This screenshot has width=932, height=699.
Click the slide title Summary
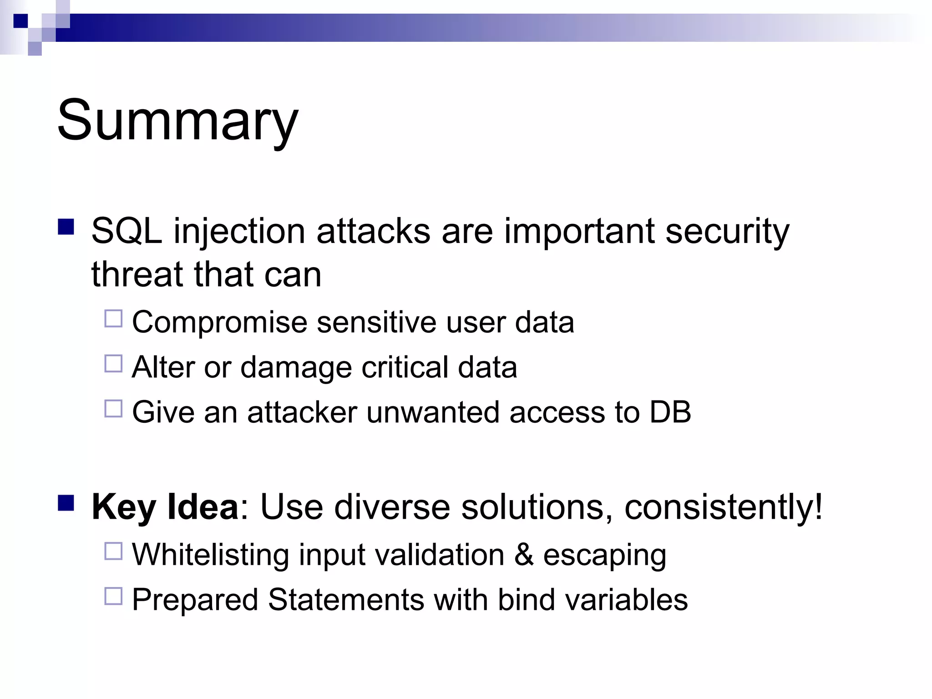[177, 121]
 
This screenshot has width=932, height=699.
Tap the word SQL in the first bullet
[127, 231]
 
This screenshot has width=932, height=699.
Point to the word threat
[137, 274]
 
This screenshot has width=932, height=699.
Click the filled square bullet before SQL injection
[66, 227]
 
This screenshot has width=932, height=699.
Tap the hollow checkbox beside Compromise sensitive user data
[113, 319]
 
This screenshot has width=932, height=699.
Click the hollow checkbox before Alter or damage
[113, 364]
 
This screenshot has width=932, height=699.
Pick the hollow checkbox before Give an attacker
[113, 409]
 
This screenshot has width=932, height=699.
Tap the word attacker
[302, 412]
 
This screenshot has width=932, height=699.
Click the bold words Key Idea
[165, 507]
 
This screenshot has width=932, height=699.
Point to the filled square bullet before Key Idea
[66, 503]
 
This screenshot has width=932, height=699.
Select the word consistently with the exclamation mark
[724, 507]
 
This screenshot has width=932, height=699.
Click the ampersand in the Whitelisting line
[524, 555]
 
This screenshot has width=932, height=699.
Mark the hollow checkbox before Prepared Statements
[113, 596]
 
